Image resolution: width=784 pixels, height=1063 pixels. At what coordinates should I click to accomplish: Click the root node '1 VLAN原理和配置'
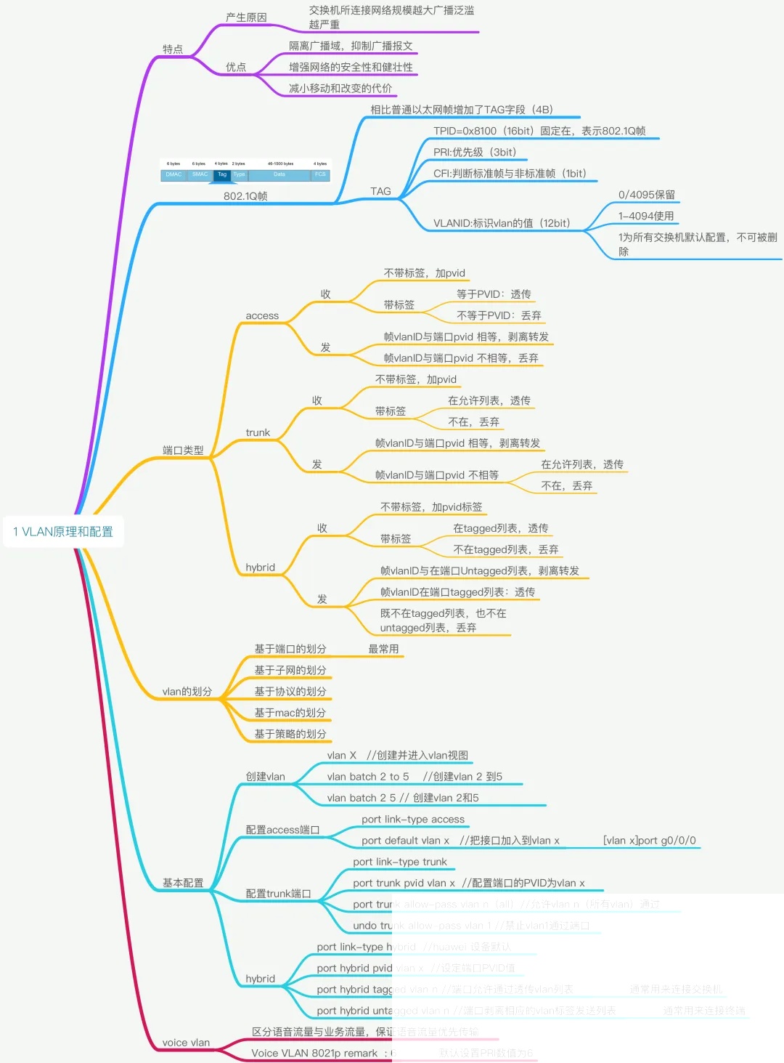(63, 532)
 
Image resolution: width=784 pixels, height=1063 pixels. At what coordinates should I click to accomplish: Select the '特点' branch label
(173, 49)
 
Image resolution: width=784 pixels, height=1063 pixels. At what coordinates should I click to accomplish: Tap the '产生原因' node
(246, 17)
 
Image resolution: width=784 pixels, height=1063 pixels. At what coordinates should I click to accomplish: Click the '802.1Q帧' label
(245, 196)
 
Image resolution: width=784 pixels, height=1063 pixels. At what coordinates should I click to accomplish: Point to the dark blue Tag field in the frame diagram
(222, 175)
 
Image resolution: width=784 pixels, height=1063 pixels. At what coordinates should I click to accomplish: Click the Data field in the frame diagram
(279, 175)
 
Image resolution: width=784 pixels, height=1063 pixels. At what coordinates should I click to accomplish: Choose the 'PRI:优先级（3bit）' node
(475, 153)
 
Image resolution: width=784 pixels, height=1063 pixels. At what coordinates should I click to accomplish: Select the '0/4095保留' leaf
(647, 195)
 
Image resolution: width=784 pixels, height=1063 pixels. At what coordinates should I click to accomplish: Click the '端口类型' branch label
(183, 450)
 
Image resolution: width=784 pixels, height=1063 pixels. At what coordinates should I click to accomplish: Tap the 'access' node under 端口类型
(262, 316)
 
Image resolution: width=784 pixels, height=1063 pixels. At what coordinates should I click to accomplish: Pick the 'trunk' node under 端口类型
(258, 433)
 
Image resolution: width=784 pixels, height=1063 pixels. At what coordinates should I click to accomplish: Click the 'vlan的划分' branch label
(187, 692)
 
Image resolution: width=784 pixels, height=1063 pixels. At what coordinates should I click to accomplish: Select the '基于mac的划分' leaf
(290, 713)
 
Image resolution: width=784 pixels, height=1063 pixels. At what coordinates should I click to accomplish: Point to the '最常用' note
(383, 649)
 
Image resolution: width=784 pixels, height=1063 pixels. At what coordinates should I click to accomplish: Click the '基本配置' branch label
(183, 883)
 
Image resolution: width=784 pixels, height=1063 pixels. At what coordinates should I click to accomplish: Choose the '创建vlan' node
(266, 777)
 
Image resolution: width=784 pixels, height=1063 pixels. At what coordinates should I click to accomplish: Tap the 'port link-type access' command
(413, 820)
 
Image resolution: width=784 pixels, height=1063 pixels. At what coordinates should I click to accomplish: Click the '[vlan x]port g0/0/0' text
(649, 841)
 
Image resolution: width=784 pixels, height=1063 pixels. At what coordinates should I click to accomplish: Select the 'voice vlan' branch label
(186, 1043)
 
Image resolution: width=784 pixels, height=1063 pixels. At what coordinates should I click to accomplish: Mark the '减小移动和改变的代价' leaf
(340, 89)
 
